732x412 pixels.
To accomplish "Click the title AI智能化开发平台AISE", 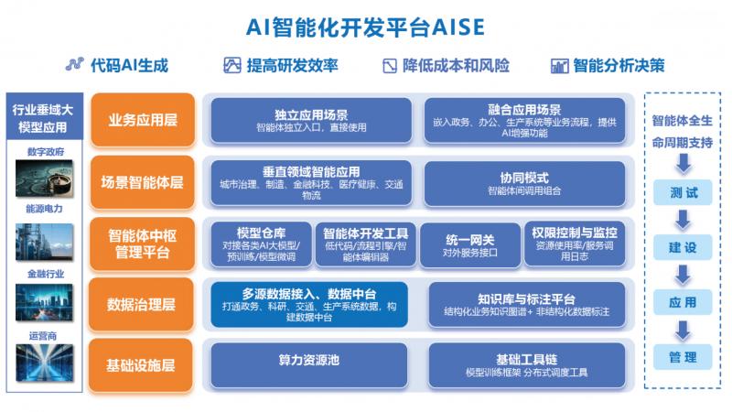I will (365, 25).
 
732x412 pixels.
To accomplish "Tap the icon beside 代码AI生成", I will (74, 65).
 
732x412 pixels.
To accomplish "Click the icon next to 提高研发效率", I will (232, 65).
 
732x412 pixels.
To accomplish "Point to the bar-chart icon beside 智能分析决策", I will (560, 65).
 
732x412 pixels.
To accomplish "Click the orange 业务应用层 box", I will (143, 119).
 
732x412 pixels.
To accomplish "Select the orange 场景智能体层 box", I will (143, 181).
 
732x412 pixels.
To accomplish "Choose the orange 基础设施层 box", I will (143, 364).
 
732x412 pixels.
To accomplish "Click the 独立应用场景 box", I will (311, 119).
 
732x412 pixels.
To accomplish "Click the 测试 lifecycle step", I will (684, 193).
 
